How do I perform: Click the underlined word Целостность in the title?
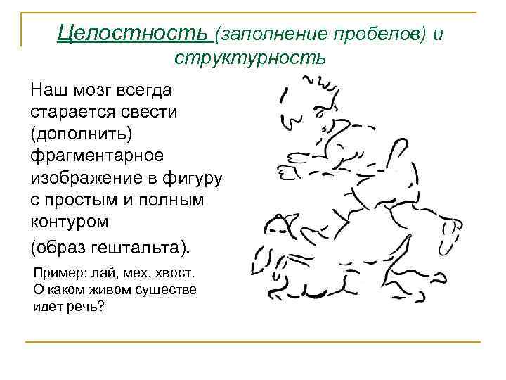click(x=133, y=32)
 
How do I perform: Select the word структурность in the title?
click(x=250, y=57)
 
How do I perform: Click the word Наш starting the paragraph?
click(x=46, y=90)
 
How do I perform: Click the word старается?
click(x=73, y=113)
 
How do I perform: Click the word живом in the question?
click(x=103, y=289)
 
